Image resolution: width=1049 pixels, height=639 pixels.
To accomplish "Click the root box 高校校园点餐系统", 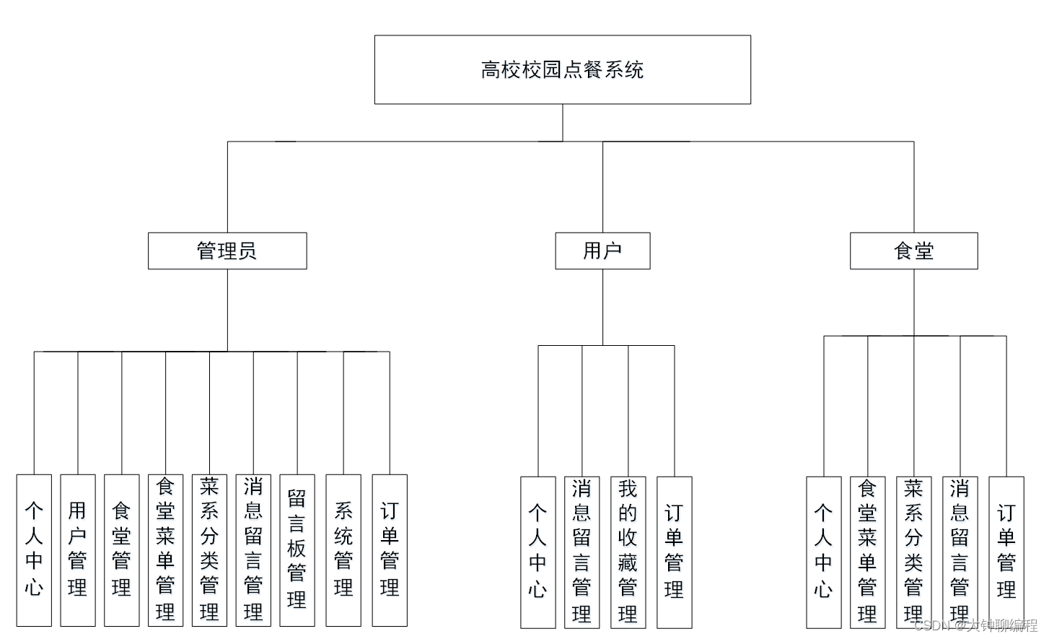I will click(562, 70).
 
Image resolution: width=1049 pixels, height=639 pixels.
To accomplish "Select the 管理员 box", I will click(227, 251).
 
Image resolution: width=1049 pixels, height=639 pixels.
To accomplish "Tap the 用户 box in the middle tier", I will click(602, 251).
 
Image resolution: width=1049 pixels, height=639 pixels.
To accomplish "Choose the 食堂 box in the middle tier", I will click(913, 251).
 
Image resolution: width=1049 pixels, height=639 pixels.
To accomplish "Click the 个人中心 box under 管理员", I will click(34, 549).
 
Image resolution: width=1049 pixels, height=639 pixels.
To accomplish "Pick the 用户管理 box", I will click(78, 549).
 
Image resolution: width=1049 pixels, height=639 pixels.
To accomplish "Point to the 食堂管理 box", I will click(122, 549).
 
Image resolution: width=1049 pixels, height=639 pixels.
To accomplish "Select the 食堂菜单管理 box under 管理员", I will click(165, 549).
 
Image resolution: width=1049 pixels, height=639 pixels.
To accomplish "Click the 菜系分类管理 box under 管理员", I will click(209, 549).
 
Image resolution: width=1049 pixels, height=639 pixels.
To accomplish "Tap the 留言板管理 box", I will click(297, 549).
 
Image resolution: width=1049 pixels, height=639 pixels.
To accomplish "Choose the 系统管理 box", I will click(343, 549).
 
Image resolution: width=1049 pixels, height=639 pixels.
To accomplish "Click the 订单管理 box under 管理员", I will click(390, 549).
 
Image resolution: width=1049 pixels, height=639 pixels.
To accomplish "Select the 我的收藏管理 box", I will click(628, 552).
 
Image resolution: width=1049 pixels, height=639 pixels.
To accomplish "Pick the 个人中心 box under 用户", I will click(538, 552).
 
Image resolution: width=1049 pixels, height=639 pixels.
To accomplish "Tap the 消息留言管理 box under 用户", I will click(582, 552).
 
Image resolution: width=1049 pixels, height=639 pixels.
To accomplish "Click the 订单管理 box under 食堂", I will click(1006, 552).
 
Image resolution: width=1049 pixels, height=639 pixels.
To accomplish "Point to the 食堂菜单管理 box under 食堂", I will click(867, 552).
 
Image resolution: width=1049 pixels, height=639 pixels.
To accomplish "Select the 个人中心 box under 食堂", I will click(823, 552).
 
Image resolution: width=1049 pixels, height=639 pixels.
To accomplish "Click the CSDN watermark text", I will click(975, 626).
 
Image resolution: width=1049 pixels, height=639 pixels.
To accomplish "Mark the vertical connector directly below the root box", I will click(563, 123).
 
